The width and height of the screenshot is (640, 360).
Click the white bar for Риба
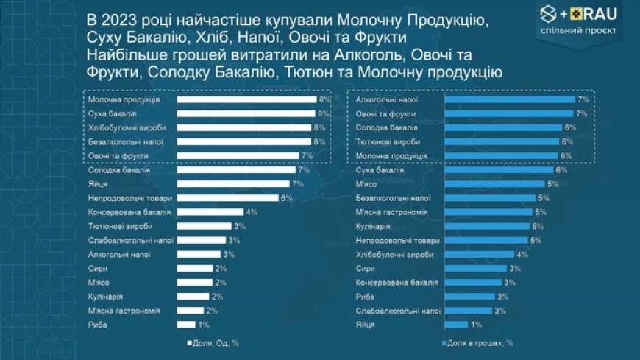[186, 325]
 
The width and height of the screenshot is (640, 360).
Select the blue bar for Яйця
[456, 325]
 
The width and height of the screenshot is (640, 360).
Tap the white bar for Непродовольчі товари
[227, 198]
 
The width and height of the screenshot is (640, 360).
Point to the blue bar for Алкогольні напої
[510, 99]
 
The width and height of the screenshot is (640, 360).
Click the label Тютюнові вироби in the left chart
[115, 226]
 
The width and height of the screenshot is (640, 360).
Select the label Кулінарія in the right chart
[374, 226]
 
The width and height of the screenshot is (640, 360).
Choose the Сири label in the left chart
[98, 269]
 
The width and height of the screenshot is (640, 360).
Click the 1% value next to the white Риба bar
[204, 325]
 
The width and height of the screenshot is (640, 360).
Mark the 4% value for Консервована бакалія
[252, 212]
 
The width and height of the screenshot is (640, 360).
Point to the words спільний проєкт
[589, 31]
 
